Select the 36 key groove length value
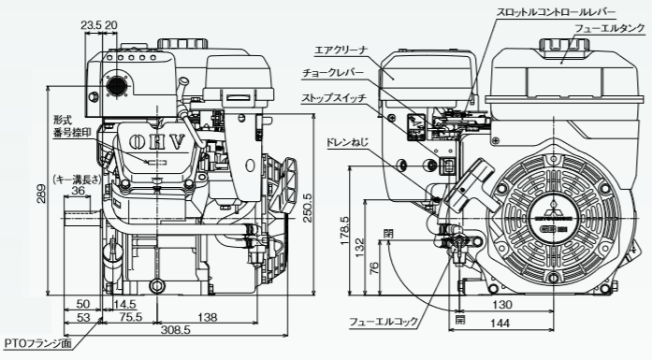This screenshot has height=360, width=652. click(x=79, y=191)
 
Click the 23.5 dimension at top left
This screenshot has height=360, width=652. click(x=90, y=24)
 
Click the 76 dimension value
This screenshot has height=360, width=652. click(x=373, y=269)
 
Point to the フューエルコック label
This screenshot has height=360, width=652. click(x=384, y=322)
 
